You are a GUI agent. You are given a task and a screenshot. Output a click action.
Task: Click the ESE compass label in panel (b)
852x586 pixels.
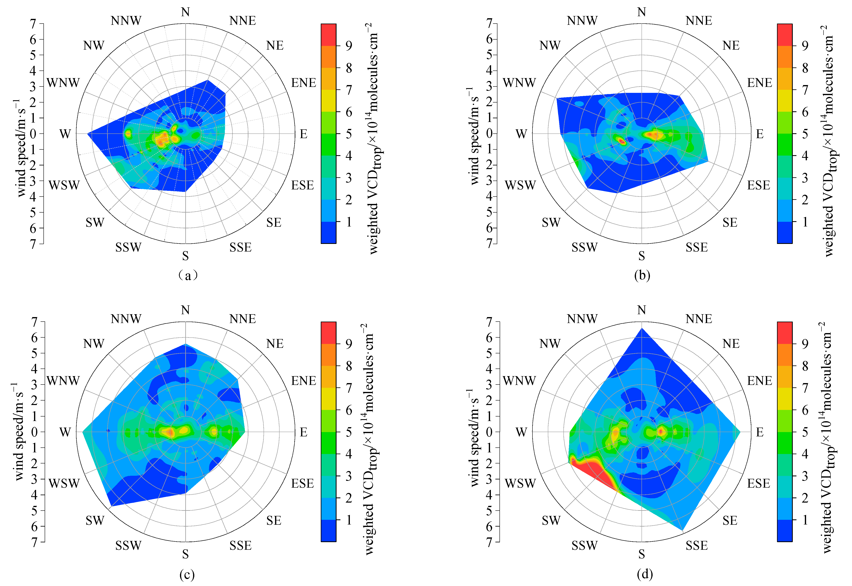(758, 185)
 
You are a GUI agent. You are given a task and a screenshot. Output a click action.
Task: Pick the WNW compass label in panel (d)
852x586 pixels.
(519, 381)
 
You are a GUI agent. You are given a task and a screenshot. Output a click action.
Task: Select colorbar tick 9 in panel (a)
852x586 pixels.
(349, 46)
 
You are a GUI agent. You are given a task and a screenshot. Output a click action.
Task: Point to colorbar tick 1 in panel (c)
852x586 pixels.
(349, 520)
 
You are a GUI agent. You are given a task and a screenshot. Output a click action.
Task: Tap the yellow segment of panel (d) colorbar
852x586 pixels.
(784, 399)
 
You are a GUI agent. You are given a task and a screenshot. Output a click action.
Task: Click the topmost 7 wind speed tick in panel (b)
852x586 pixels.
(489, 24)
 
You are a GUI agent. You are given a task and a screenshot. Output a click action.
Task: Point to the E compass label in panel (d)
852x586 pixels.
(760, 432)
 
